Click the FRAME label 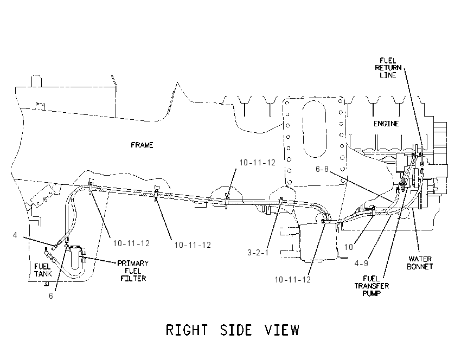point(142,145)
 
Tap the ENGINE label point(386,124)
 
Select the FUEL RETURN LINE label point(388,68)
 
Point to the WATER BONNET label point(420,263)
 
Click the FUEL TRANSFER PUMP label point(372,286)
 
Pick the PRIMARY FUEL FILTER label point(133,271)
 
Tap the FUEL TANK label point(43,270)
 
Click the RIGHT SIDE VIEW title point(233,330)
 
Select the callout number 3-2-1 point(258,253)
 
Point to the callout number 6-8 point(322,169)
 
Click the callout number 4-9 point(361,263)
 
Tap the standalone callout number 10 point(348,247)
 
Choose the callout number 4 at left point(15,235)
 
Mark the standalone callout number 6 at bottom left point(51,296)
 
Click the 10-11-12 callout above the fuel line point(257,163)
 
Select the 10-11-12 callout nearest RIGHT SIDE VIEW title point(292,279)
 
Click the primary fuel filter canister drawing point(75,256)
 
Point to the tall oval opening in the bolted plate point(314,128)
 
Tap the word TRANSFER point(372,286)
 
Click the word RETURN point(388,68)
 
